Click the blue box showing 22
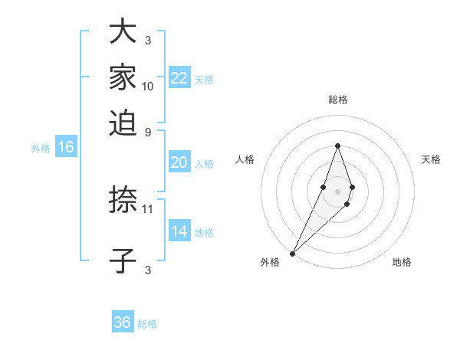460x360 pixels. (179, 78)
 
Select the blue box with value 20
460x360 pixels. (179, 162)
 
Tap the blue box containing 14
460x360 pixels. (179, 231)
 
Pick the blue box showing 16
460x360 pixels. (66, 148)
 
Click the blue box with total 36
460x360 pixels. (123, 322)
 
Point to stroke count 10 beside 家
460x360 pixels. (148, 87)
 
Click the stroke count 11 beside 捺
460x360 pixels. (148, 208)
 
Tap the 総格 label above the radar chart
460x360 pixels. (337, 100)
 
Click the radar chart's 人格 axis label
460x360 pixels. (245, 159)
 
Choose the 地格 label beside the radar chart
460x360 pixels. (402, 262)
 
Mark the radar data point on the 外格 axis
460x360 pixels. (293, 253)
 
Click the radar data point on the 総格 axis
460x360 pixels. (337, 146)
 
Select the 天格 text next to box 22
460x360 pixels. (204, 79)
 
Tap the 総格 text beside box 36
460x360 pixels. (147, 323)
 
